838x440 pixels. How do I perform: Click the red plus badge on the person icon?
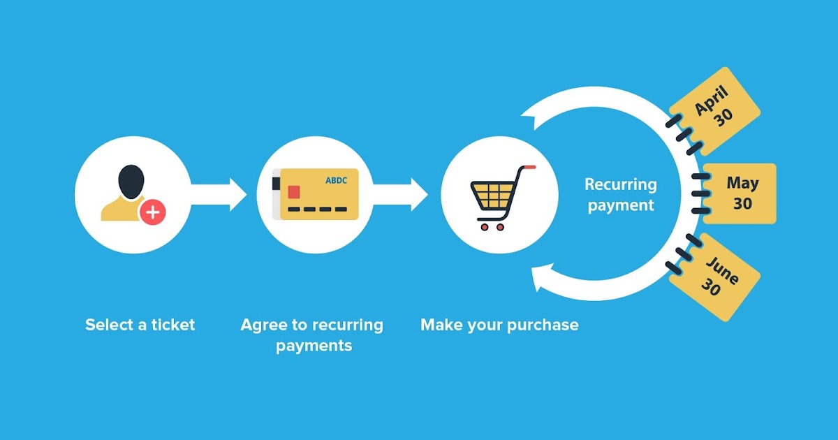click(153, 211)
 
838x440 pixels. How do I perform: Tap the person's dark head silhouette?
click(131, 181)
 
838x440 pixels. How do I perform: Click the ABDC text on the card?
click(337, 180)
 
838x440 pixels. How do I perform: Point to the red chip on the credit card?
click(294, 191)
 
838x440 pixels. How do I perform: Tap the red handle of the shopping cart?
click(530, 167)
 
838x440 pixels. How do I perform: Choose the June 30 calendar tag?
click(716, 277)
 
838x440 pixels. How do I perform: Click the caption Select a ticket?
click(140, 325)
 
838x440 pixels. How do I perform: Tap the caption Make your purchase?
click(499, 325)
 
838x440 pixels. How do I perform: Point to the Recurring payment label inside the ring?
click(620, 195)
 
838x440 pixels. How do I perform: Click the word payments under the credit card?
click(314, 346)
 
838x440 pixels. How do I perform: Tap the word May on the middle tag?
click(742, 183)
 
